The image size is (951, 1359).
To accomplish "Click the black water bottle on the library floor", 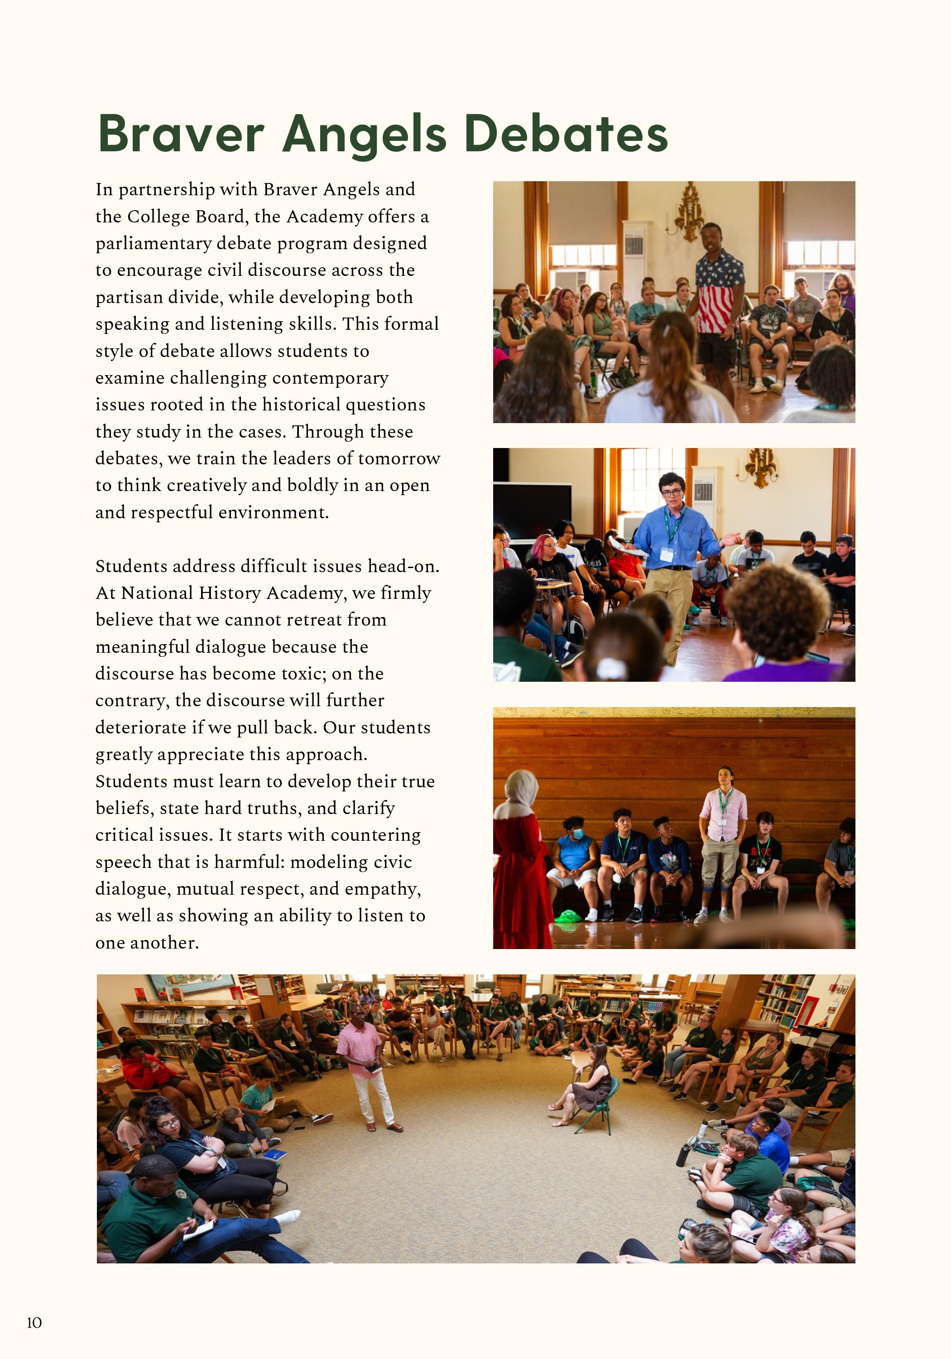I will pos(683,1155).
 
